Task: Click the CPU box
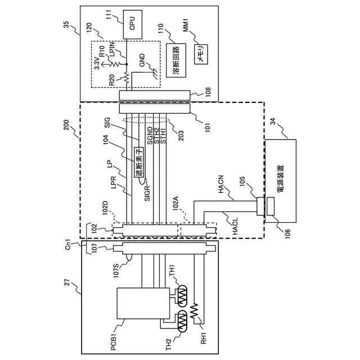coord(133,24)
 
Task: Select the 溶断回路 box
coord(176,60)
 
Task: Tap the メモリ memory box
coord(201,55)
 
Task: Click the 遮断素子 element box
coord(139,163)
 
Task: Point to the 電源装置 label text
coord(280,178)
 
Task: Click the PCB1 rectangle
coord(143,303)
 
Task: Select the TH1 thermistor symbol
coord(183,296)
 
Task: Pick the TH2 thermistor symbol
coord(182,321)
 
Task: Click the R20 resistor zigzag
coord(127,78)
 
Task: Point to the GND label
coord(142,60)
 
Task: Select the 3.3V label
coord(97,63)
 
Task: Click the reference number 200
coord(66,125)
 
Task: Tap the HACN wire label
coord(221,184)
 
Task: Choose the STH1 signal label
coord(163,136)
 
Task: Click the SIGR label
coord(147,193)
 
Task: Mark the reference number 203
coord(181,136)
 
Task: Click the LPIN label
coord(112,49)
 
